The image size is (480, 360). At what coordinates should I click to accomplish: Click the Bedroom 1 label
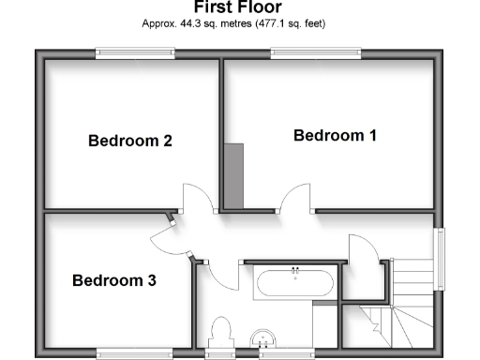point(335,136)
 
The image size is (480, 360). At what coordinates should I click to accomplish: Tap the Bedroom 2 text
point(129,142)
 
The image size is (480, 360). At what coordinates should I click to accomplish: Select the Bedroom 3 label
point(113,280)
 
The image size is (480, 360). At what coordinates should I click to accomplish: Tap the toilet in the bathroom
point(222,334)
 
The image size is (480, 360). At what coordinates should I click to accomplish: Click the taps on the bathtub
point(294,272)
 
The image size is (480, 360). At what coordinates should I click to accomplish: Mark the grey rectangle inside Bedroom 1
point(233,176)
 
